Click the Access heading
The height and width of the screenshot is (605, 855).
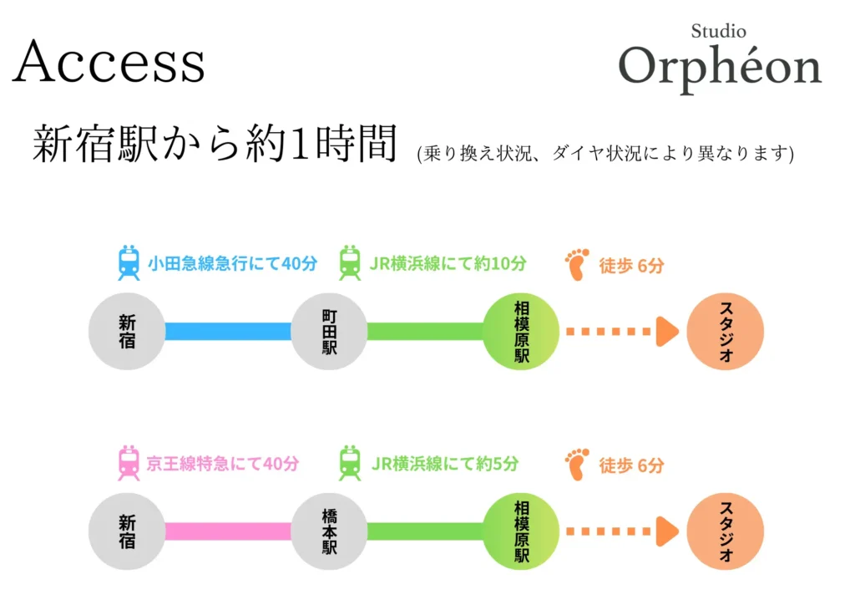[x=109, y=62]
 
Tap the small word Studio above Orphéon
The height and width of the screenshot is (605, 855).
[x=718, y=32]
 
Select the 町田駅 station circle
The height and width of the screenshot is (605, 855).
[x=330, y=331]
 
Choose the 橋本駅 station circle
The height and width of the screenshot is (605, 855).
[x=330, y=531]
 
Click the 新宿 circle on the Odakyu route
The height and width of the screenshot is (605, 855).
[x=127, y=331]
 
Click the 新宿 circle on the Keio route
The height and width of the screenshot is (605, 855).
[x=127, y=531]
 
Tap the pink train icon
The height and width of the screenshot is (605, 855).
[x=129, y=463]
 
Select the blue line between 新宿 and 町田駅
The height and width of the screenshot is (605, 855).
[x=228, y=331]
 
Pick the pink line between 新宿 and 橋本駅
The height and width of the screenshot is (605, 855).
[x=228, y=531]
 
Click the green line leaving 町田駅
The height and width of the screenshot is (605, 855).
[x=425, y=331]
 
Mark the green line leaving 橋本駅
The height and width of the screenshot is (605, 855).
[x=425, y=531]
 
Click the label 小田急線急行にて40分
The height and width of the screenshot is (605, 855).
[x=233, y=264]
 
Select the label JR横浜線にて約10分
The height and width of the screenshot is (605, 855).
[x=448, y=264]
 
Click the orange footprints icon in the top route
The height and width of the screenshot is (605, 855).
[x=577, y=264]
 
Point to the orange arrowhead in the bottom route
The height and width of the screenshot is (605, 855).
[x=667, y=531]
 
